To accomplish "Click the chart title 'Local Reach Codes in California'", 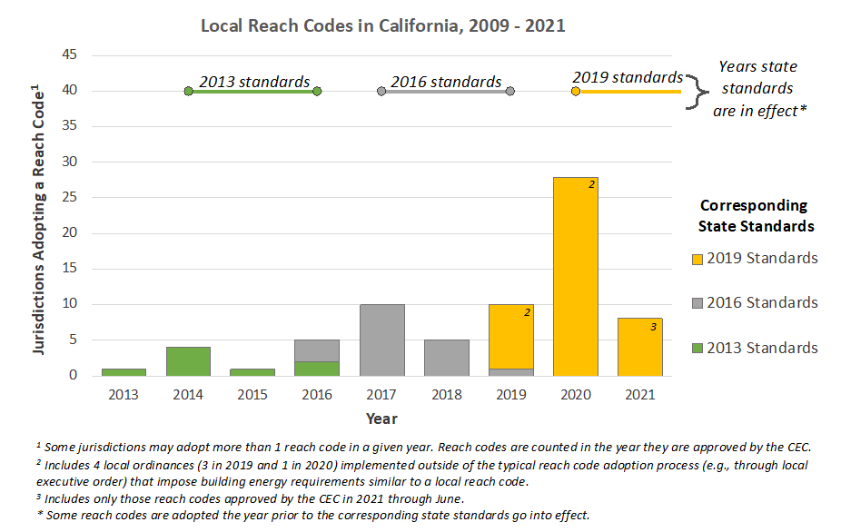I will [x=382, y=25].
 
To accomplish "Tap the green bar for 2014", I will [x=188, y=361].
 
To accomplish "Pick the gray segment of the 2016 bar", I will [x=317, y=350].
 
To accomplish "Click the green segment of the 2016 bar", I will [x=317, y=369].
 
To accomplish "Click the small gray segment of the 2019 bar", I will [x=510, y=372].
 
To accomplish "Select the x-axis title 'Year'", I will [x=381, y=419].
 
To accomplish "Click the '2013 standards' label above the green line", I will [x=254, y=82].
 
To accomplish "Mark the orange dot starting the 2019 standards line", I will [x=576, y=92].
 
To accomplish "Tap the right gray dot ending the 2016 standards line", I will [x=510, y=92].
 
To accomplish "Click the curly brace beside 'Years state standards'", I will [x=696, y=90].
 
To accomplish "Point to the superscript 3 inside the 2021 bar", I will [x=653, y=327].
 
